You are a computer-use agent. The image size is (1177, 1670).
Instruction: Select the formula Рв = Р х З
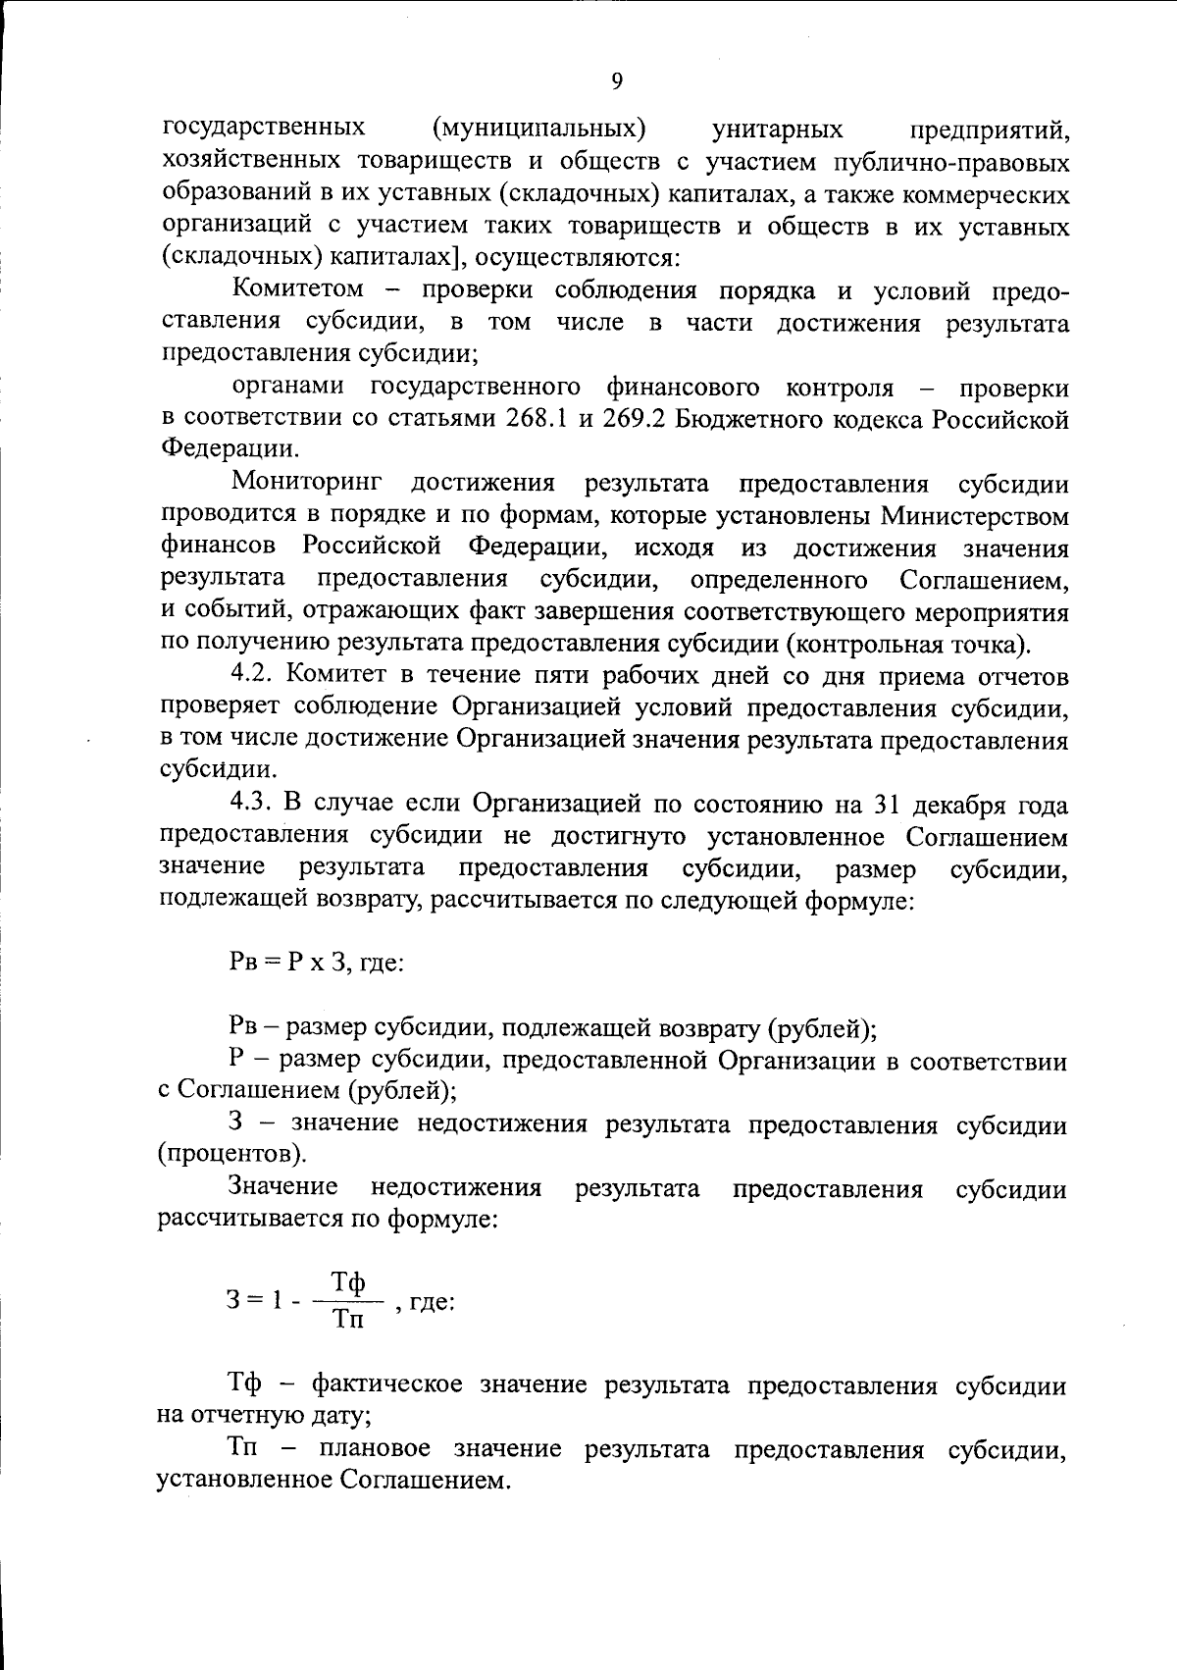pos(287,963)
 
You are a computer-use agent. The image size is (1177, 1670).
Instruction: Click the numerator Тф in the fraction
pos(347,1282)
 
